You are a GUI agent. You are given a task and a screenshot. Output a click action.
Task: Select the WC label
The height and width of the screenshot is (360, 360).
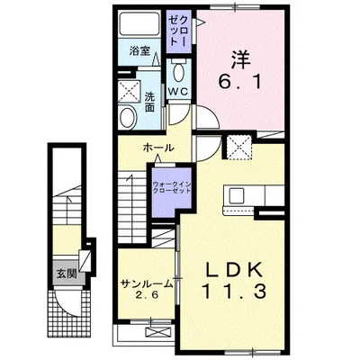coord(176,90)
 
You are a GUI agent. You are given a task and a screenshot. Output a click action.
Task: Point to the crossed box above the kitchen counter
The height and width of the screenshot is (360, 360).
coord(238,148)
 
